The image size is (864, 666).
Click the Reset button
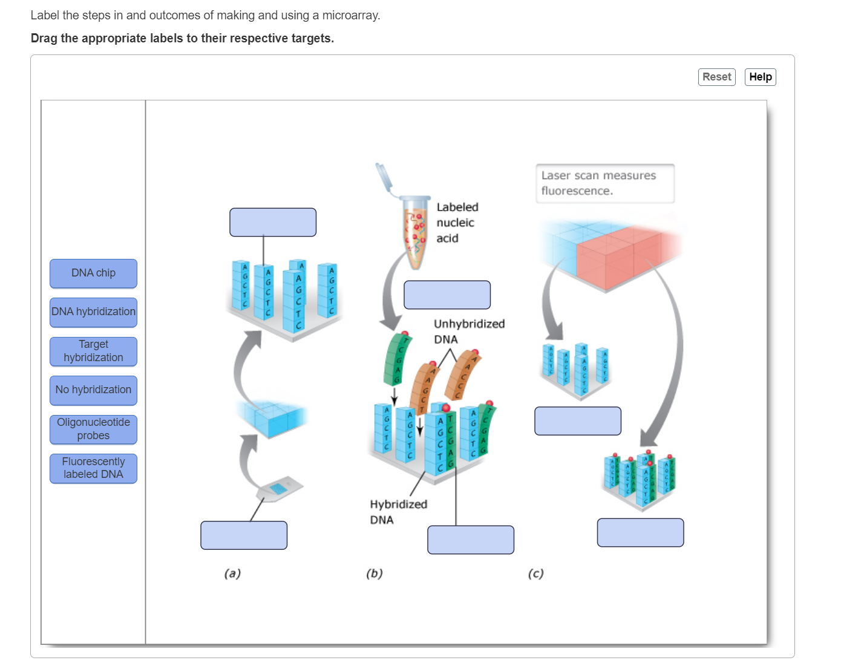[716, 77]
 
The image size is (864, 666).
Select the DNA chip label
[93, 273]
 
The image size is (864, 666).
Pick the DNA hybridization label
[93, 312]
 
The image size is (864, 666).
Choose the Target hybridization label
[93, 351]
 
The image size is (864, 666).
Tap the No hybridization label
[93, 390]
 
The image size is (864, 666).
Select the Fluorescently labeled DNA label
[93, 468]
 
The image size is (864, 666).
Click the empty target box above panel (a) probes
[273, 222]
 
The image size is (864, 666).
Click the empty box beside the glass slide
[244, 535]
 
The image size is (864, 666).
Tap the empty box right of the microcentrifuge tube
[447, 295]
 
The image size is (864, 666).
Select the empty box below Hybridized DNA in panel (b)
[471, 540]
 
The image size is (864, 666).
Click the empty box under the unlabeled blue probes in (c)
[578, 421]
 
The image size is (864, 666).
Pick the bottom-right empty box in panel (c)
[640, 532]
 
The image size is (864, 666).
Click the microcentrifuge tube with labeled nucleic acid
[416, 233]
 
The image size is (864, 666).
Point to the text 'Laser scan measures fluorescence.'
[598, 183]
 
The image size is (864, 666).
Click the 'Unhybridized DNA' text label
[469, 331]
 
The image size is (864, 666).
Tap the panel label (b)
[375, 573]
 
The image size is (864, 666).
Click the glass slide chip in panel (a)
[279, 488]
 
